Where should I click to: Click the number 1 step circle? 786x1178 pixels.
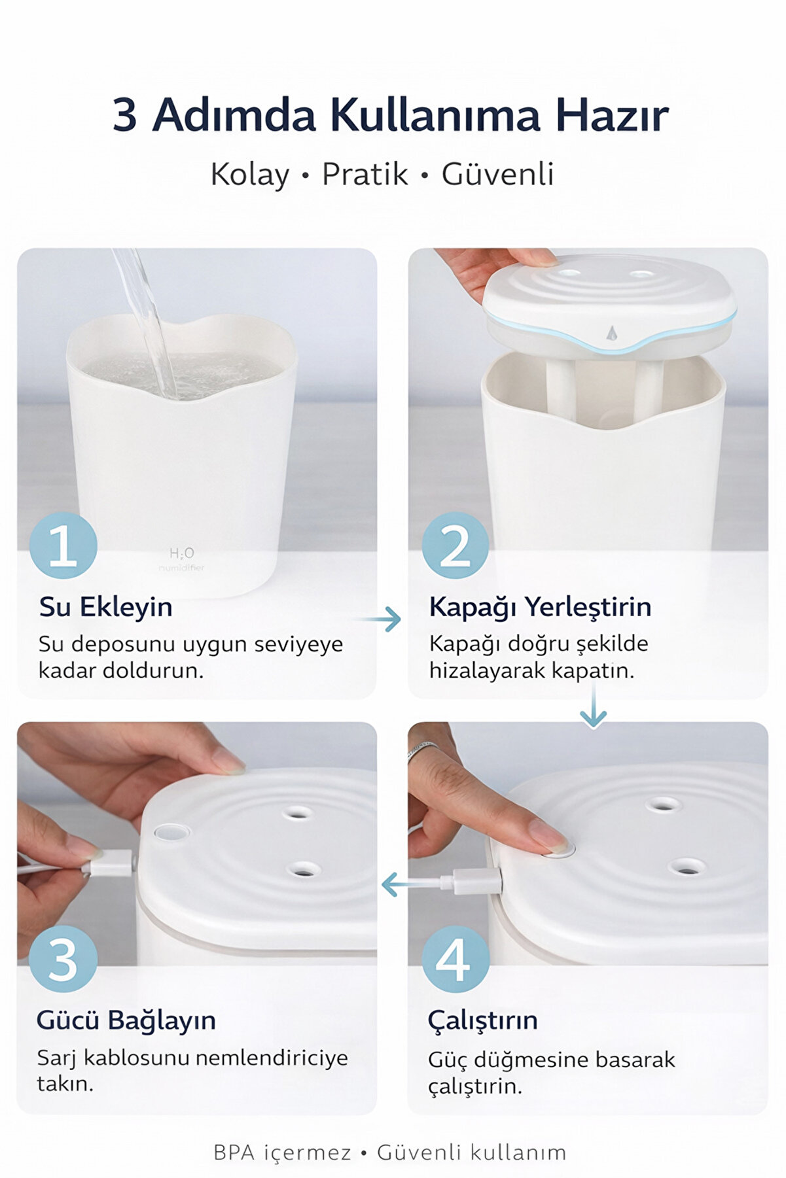[63, 546]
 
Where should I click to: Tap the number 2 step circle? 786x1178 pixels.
[455, 546]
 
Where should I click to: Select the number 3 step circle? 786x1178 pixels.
[63, 959]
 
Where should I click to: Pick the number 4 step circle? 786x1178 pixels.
[455, 959]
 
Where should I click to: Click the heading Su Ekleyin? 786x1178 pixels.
[106, 607]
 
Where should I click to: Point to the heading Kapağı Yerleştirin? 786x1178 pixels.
[540, 607]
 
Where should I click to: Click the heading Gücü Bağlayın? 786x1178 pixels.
[126, 1020]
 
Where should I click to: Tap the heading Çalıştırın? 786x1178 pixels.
[483, 1020]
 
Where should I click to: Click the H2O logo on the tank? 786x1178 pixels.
[181, 553]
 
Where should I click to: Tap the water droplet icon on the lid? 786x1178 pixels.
[612, 333]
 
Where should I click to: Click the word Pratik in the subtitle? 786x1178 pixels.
[365, 175]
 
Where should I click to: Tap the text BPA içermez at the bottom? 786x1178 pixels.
[282, 1152]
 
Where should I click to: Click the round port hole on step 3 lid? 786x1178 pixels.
[172, 832]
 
